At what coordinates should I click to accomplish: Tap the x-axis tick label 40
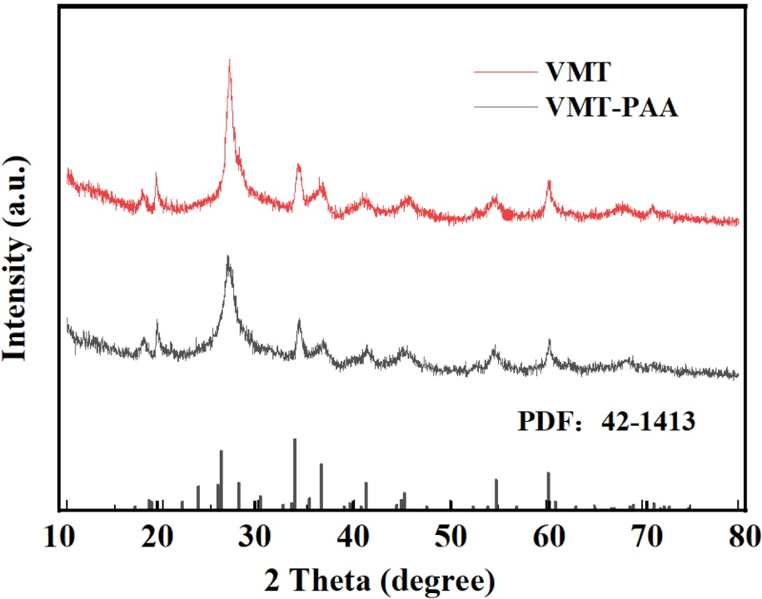coord(353,534)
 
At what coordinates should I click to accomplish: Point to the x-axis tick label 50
coord(451,534)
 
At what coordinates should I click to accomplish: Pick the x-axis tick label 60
coord(548,534)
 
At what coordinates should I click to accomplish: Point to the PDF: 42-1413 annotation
coord(605,422)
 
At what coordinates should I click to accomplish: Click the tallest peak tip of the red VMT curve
coord(229,61)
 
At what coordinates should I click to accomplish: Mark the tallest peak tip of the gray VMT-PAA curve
coord(228,258)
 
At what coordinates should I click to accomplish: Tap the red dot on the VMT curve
coord(507,215)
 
